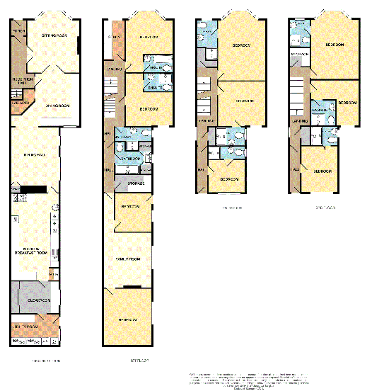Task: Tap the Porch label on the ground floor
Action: pos(19,31)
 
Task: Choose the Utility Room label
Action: pos(27,326)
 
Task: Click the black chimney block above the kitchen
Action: pos(33,189)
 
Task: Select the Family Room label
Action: pos(129,260)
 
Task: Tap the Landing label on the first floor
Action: pos(115,69)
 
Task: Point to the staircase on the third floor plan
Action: pos(297,92)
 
